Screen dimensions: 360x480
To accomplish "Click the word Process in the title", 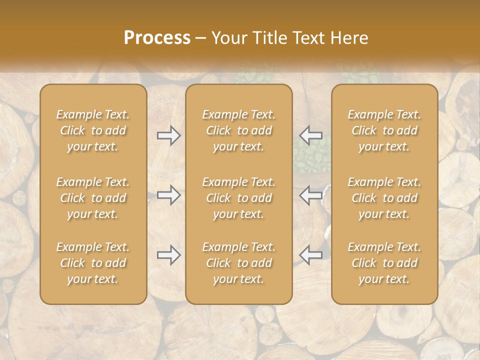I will click(x=157, y=37).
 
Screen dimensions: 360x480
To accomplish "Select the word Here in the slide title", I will click(x=349, y=37).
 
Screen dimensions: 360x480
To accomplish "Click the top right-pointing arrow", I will click(x=168, y=135).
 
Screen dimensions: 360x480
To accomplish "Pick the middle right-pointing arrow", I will click(x=168, y=195).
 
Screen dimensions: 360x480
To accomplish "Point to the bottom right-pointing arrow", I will click(x=168, y=255).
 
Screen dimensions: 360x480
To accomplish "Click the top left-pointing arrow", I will click(x=311, y=135).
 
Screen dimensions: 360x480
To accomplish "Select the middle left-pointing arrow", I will click(x=311, y=195).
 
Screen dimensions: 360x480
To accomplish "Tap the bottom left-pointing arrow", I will click(x=311, y=255).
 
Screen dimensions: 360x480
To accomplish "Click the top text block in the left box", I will click(x=93, y=130).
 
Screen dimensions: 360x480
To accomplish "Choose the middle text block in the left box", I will click(x=93, y=198).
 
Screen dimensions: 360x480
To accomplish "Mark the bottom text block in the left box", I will click(x=93, y=263).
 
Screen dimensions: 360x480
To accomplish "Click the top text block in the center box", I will click(x=239, y=130).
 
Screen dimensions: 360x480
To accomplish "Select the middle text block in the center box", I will click(x=239, y=198).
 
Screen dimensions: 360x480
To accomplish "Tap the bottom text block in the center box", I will click(x=239, y=263).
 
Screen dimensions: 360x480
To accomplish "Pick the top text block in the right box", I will click(x=384, y=130).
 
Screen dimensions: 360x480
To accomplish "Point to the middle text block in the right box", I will click(x=384, y=198).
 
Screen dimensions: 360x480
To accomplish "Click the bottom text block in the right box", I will click(x=384, y=263).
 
